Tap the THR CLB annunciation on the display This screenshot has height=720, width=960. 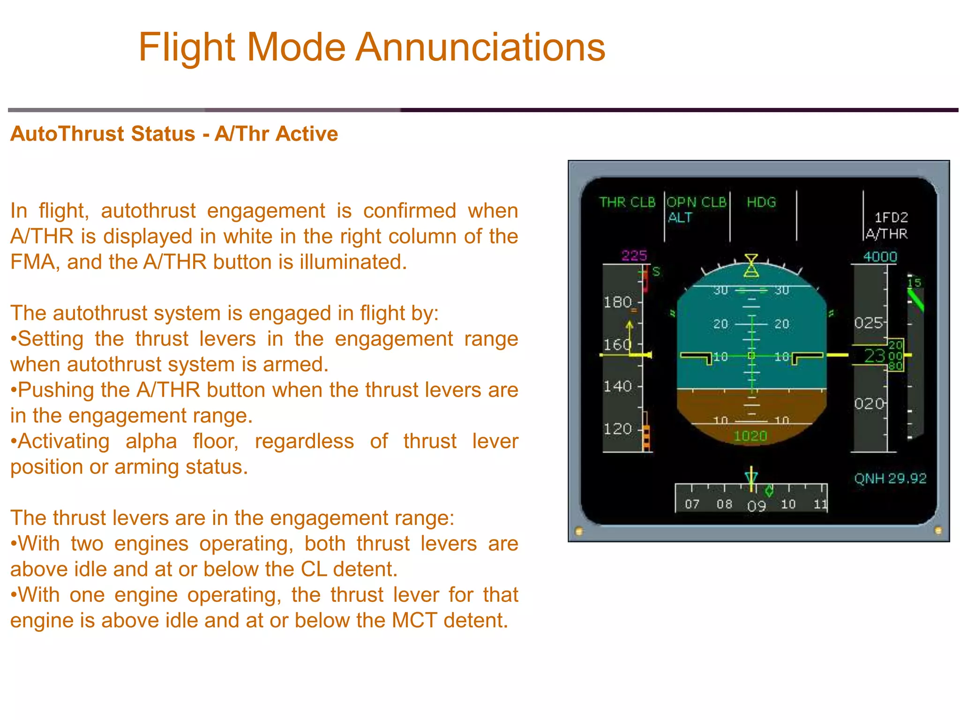[x=627, y=202]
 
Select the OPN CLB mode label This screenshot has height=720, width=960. [x=696, y=202]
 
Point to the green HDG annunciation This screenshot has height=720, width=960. [x=761, y=202]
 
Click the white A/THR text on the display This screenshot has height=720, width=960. [x=886, y=233]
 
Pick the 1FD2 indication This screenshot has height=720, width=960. [x=891, y=217]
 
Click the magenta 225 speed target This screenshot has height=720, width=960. [x=634, y=255]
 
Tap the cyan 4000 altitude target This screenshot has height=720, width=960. [x=880, y=257]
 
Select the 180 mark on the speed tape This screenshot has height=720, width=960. [x=617, y=302]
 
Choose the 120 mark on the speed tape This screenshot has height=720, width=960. [x=617, y=429]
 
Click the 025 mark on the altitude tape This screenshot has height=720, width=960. [x=868, y=323]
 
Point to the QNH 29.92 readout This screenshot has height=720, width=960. [x=890, y=479]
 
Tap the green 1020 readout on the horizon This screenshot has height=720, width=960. [x=750, y=436]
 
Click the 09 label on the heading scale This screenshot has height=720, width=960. [x=756, y=506]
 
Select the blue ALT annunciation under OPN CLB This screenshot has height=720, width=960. [x=680, y=217]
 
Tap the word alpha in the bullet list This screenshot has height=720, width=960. [x=151, y=442]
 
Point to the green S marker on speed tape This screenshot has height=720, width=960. [x=656, y=271]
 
